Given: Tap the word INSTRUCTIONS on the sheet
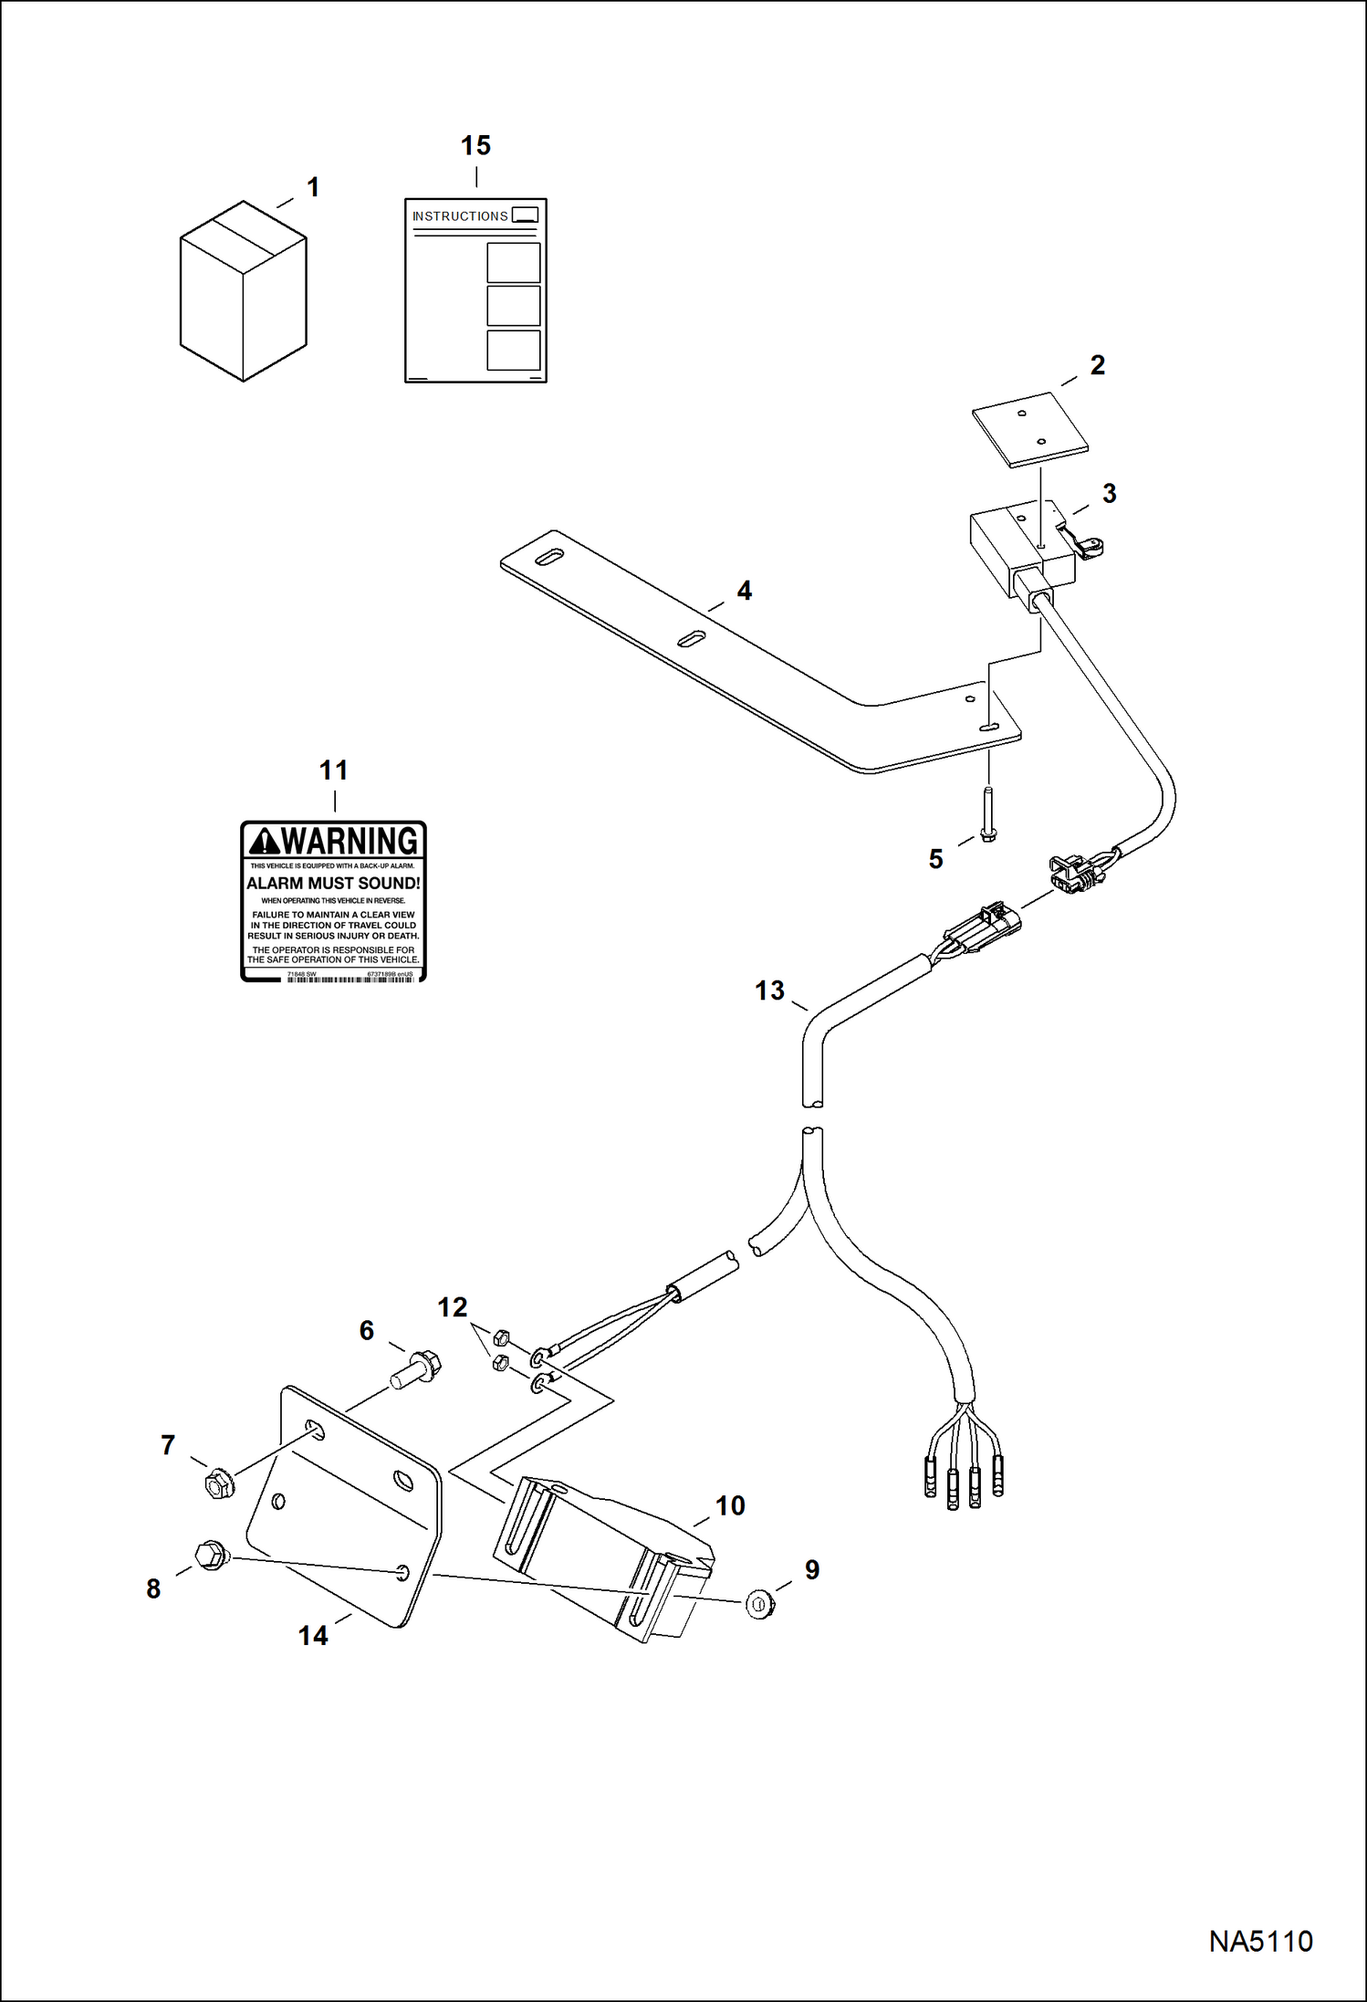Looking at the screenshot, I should pyautogui.click(x=459, y=216).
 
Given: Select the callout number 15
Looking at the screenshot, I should pyautogui.click(x=475, y=146).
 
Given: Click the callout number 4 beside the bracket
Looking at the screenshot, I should pyautogui.click(x=744, y=592).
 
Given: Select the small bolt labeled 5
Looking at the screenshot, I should pyautogui.click(x=988, y=817).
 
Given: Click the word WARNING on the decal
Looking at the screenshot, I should pyautogui.click(x=350, y=841).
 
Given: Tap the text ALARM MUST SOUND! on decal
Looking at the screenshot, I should pyautogui.click(x=333, y=884).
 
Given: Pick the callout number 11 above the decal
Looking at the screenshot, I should pyautogui.click(x=333, y=770).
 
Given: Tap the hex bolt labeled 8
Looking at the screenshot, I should pyautogui.click(x=211, y=1555).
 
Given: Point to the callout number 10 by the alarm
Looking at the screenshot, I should pyautogui.click(x=730, y=1505).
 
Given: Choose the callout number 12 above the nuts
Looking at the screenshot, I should pyautogui.click(x=452, y=1308).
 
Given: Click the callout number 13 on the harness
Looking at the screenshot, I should pyautogui.click(x=769, y=991).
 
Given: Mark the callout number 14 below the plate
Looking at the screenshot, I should pyautogui.click(x=313, y=1635).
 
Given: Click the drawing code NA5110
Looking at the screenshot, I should pyautogui.click(x=1260, y=1940).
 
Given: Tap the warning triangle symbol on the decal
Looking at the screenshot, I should pyautogui.click(x=264, y=841).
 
